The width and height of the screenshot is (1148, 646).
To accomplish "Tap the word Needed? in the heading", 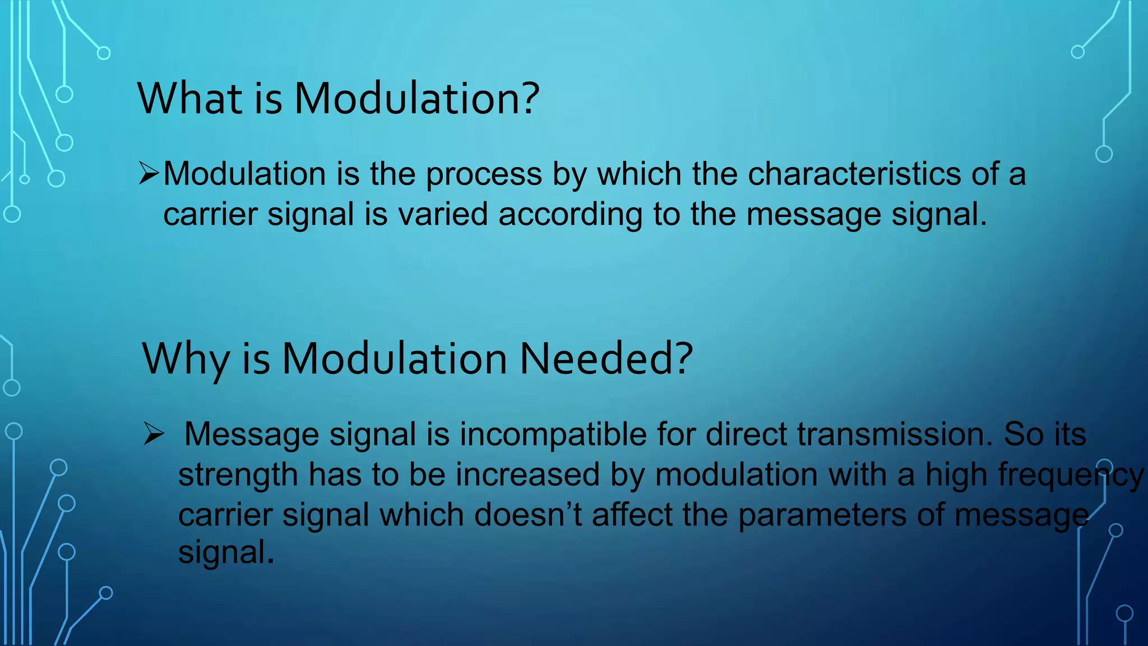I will click(607, 359).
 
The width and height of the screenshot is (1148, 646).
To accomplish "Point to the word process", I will click(484, 174).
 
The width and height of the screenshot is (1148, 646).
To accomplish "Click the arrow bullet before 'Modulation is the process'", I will click(149, 173).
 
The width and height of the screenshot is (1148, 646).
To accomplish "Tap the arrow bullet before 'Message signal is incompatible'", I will click(154, 433).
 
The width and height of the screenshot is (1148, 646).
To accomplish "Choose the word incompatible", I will click(553, 435).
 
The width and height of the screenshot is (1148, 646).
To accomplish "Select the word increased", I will click(527, 474).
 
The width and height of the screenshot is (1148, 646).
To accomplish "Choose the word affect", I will click(632, 515).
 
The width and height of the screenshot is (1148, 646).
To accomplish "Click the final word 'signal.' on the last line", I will click(226, 553).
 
